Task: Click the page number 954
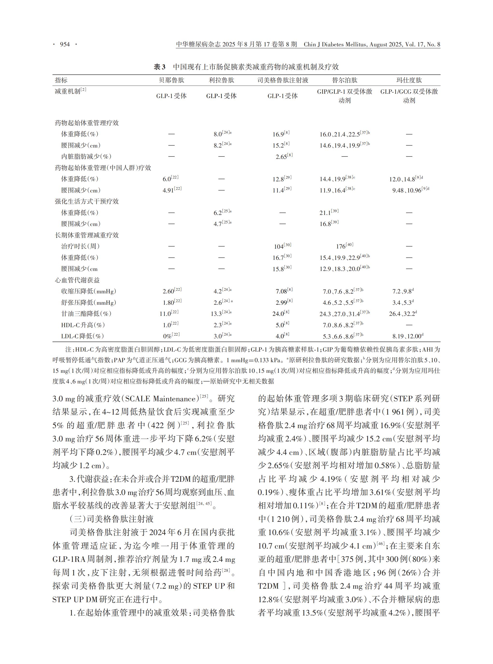(x=65, y=44)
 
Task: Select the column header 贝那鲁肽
(x=171, y=80)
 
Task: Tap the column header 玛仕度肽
(x=409, y=80)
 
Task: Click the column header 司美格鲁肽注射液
(x=282, y=80)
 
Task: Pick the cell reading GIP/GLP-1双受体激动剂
(x=344, y=96)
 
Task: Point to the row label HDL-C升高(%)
(x=83, y=325)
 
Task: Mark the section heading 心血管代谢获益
(x=77, y=280)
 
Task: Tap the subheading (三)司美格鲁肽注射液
(x=112, y=519)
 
